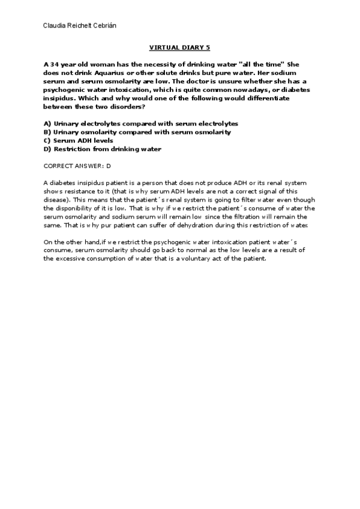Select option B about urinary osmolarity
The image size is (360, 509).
(137, 131)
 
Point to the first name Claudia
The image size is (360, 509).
(56, 26)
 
